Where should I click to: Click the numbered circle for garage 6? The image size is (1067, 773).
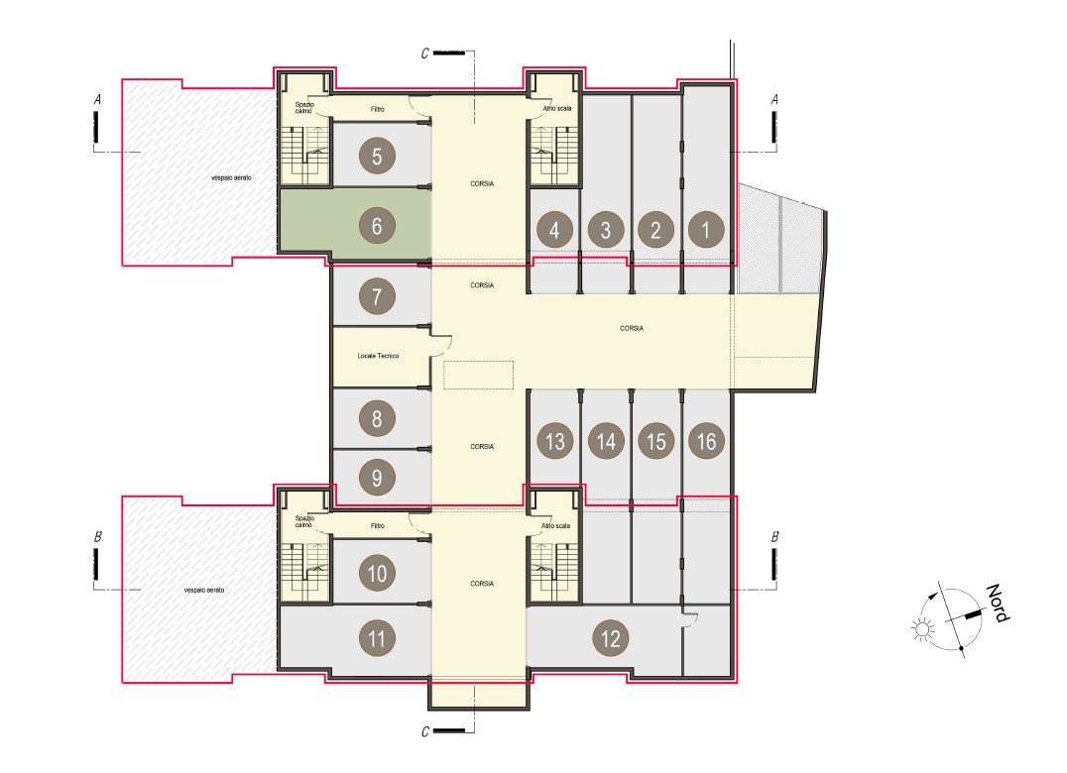(x=377, y=226)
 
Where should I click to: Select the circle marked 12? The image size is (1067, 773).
(x=611, y=638)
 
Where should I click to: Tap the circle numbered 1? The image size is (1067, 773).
(x=706, y=230)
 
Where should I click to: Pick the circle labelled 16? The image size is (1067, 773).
(x=706, y=441)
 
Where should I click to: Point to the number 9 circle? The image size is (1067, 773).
(x=377, y=478)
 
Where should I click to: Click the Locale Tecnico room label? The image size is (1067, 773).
(x=379, y=356)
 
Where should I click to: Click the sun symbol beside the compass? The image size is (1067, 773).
(x=922, y=629)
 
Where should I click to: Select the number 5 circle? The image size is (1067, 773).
(x=377, y=157)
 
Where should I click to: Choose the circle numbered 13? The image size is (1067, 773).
(x=555, y=441)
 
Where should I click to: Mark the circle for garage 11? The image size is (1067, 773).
(x=377, y=638)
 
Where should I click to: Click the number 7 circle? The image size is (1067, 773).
(x=377, y=296)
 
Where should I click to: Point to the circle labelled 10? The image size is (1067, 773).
(x=377, y=574)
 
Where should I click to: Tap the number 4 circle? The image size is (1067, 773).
(x=554, y=230)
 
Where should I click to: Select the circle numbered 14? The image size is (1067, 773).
(x=606, y=441)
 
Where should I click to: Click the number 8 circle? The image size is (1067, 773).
(x=377, y=419)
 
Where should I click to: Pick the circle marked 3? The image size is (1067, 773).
(x=606, y=230)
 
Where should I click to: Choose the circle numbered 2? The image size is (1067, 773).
(x=656, y=230)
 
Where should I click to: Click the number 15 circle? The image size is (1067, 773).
(x=656, y=441)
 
